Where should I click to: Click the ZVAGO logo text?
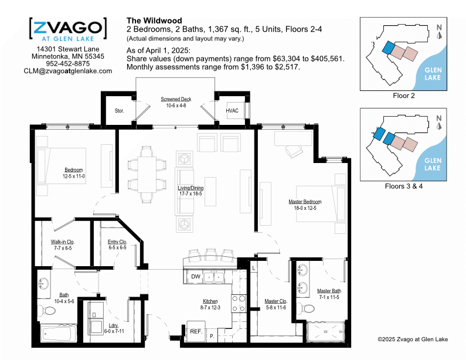[x=68, y=28]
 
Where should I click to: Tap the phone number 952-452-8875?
[x=68, y=64]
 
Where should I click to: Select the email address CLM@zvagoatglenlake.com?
[x=68, y=71]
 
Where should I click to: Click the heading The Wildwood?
[x=154, y=21]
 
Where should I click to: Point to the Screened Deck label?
[x=176, y=99]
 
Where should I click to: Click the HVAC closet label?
[x=232, y=111]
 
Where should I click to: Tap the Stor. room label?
[x=119, y=111]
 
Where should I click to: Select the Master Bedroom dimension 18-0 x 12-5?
[x=305, y=208]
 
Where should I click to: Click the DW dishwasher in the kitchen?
[x=196, y=277]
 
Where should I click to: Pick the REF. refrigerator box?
[x=196, y=331]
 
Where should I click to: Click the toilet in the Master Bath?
[x=306, y=308]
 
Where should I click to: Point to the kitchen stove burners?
[x=239, y=304]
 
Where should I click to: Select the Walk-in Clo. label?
[x=62, y=242]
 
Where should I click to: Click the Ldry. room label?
[x=114, y=325]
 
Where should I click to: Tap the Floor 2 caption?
[x=404, y=96]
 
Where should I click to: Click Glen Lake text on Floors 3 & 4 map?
[x=433, y=164]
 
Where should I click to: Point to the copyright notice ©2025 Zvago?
[x=413, y=339]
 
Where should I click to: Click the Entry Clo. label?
[x=117, y=242]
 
